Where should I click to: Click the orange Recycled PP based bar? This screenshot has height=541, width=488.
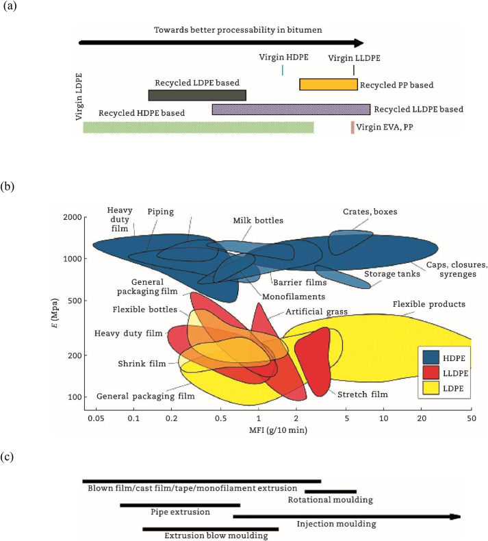click(x=329, y=84)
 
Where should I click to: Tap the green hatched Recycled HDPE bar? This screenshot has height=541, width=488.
click(x=198, y=127)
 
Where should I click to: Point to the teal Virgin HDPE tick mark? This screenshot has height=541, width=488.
click(x=282, y=70)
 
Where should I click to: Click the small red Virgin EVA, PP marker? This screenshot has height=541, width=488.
click(x=352, y=127)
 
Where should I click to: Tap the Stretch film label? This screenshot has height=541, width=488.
click(x=362, y=394)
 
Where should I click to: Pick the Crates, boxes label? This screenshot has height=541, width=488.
click(x=370, y=212)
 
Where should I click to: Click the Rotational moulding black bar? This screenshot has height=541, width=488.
click(x=331, y=491)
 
